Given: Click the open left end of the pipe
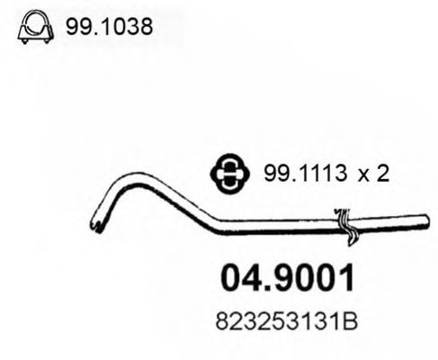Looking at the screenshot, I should [x=96, y=224].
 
